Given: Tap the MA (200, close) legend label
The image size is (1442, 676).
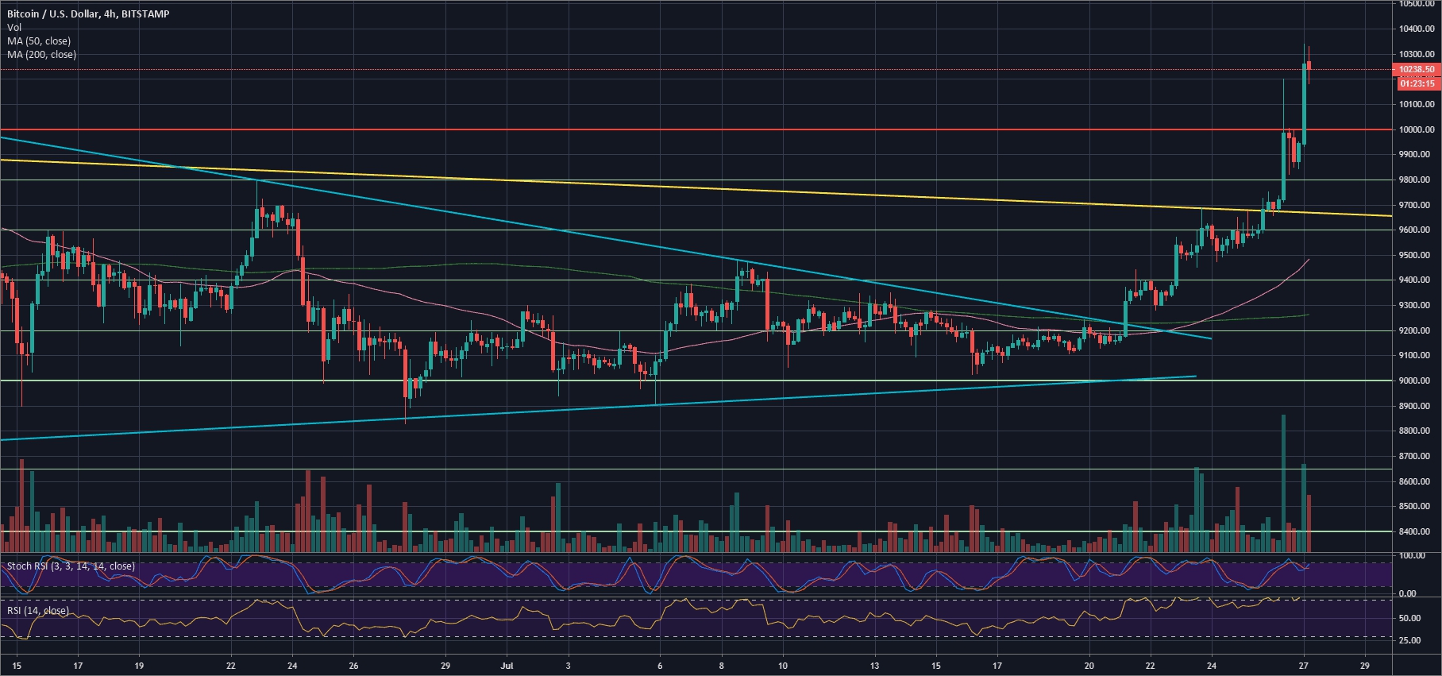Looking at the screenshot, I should [41, 55].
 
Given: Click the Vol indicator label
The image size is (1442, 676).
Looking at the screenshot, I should [13, 28].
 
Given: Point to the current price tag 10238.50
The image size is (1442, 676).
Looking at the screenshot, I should [1417, 70].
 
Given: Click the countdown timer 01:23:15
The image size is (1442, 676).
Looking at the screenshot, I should [1417, 83].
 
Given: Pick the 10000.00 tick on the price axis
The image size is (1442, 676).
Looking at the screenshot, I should [1417, 129].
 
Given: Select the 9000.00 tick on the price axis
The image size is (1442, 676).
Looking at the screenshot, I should [1417, 381].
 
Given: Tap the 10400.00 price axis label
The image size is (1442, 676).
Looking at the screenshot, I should [1417, 29].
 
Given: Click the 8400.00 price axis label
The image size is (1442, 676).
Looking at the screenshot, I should [1417, 532].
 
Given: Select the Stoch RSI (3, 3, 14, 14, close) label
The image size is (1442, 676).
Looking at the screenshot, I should [71, 566].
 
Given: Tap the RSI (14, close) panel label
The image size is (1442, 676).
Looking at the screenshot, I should [38, 611].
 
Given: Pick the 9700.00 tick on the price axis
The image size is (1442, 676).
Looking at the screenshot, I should [1417, 205].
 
